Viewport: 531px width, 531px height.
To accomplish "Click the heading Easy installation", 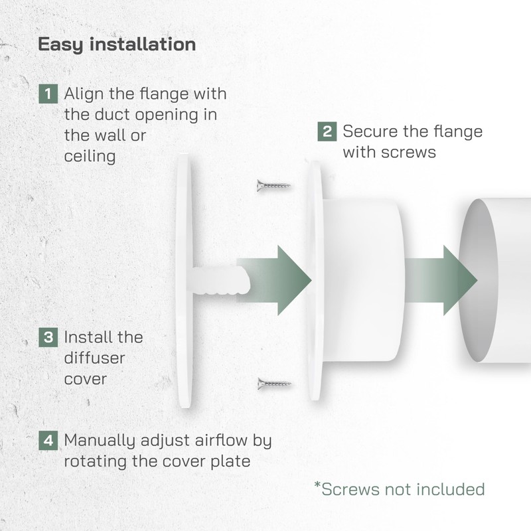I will coord(117,44).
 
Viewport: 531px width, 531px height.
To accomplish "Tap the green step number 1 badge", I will coord(48,94).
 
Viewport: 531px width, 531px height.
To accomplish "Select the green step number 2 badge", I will coord(327,131).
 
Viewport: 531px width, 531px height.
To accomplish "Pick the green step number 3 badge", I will coord(48,337).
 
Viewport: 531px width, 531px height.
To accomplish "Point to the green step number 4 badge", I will coord(48,440).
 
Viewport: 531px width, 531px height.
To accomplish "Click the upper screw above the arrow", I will coord(273,185).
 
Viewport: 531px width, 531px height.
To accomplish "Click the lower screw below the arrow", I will coord(273,384).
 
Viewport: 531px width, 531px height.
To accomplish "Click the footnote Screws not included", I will coord(400,490).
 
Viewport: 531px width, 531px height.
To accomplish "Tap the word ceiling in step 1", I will coord(90,157).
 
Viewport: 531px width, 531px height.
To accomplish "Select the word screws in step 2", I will coord(408,152).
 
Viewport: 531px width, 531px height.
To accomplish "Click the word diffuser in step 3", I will coord(95,358).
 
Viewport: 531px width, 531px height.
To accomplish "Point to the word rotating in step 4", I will coord(97,461).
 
